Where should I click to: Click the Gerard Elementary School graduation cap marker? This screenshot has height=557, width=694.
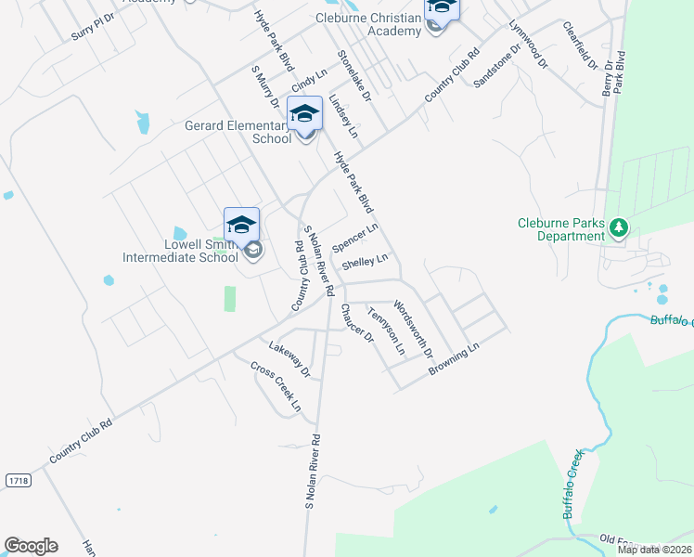tap(304, 115)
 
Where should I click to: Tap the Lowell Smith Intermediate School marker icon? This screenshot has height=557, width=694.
tap(241, 227)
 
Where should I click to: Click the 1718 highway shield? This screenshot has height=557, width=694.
tap(16, 480)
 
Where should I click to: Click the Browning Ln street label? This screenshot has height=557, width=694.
tap(454, 359)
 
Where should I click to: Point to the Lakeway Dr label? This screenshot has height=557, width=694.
tap(289, 359)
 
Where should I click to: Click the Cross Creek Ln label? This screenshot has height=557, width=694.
tap(276, 386)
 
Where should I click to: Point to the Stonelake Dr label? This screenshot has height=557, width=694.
tap(353, 76)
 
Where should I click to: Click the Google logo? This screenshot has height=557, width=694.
tap(31, 546)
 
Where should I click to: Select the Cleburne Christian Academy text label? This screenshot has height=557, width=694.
tap(368, 24)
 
